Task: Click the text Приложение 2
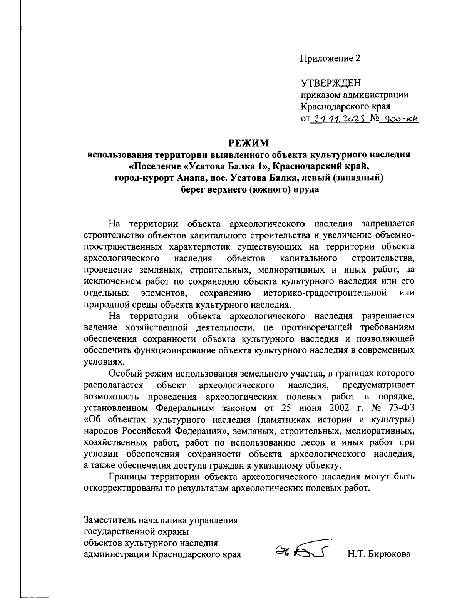[x=331, y=59]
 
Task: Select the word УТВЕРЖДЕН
[x=330, y=83]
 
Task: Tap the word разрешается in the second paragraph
[x=388, y=316]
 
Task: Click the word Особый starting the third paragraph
[x=123, y=373]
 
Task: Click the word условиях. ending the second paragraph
[x=100, y=362]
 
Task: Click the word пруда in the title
[x=307, y=190]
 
